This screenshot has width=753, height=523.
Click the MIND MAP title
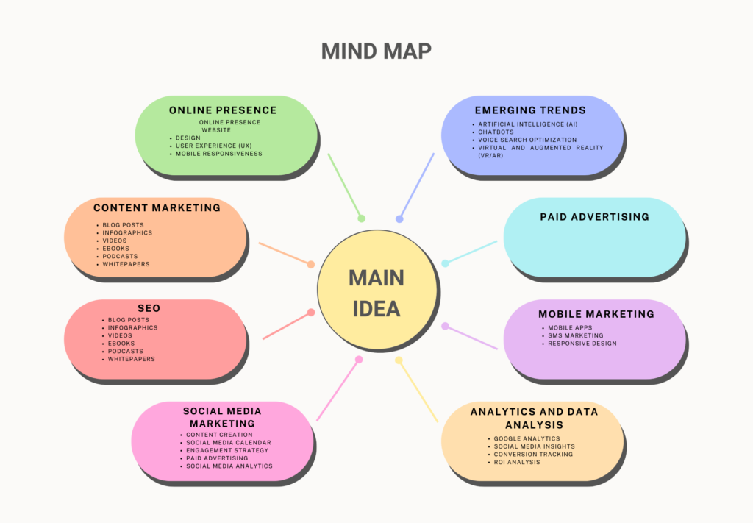tap(376, 51)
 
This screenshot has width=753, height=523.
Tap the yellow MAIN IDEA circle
tap(377, 290)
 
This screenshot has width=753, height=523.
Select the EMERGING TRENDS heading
tap(530, 110)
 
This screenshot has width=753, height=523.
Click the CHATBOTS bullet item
tap(496, 132)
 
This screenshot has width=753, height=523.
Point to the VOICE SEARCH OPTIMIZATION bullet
tap(527, 140)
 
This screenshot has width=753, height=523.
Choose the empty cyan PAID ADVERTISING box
tap(594, 238)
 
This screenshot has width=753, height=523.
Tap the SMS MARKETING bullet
tap(575, 335)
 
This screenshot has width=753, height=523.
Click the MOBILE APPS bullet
tap(570, 327)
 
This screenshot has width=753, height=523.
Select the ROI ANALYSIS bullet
tap(517, 462)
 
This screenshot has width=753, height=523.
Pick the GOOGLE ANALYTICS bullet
tap(527, 438)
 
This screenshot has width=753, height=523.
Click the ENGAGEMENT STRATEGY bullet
tap(227, 450)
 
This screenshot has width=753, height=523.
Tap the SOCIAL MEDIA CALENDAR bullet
tap(229, 443)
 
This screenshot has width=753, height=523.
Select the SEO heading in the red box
tap(149, 308)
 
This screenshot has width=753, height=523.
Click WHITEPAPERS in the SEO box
tap(131, 359)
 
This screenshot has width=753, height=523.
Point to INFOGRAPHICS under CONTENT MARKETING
tap(127, 233)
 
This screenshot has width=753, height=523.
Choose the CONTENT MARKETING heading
tap(157, 208)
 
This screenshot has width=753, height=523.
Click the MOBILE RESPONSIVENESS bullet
tap(219, 154)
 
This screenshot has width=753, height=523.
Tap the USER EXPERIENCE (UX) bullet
tap(214, 146)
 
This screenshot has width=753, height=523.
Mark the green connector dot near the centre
tap(362, 218)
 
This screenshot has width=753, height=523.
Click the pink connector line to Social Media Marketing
tap(338, 390)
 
